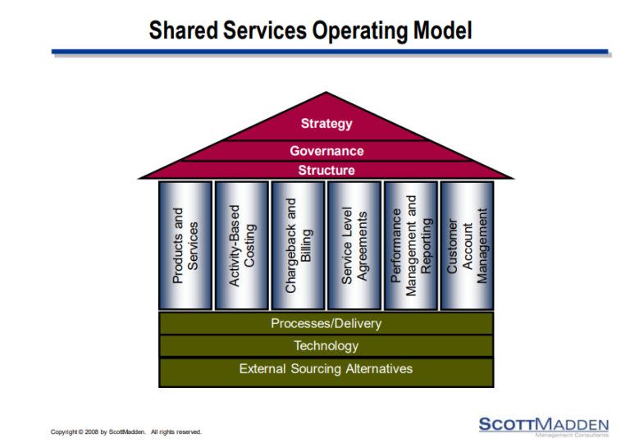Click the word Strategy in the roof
(x=326, y=124)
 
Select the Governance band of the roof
(x=326, y=151)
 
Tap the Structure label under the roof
(x=326, y=171)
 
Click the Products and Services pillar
(x=185, y=245)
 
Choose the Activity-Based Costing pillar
(x=241, y=245)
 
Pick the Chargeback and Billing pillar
(x=298, y=245)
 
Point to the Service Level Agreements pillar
(x=354, y=245)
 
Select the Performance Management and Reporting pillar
(x=411, y=245)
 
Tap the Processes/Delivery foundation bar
(x=326, y=323)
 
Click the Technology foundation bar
(x=326, y=346)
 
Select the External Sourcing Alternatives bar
(x=326, y=369)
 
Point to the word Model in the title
(x=442, y=31)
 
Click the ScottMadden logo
(x=543, y=424)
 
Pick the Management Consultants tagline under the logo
(x=571, y=436)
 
